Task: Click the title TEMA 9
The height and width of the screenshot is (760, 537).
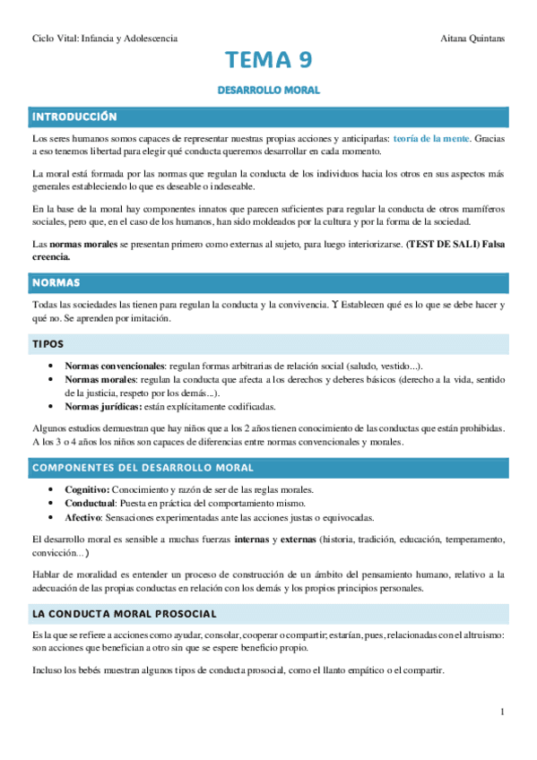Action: (x=269, y=61)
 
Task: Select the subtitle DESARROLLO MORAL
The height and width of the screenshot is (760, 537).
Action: (x=269, y=91)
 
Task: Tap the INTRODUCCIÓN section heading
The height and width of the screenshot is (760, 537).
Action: (x=74, y=117)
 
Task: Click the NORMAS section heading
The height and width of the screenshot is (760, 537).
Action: (x=56, y=282)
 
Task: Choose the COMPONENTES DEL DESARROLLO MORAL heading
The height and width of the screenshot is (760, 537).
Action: (x=143, y=468)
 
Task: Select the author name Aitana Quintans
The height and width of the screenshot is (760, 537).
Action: (x=474, y=39)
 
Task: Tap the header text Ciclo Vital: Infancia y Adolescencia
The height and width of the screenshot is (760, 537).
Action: (x=104, y=39)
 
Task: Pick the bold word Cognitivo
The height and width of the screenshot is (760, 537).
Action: (x=87, y=489)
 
